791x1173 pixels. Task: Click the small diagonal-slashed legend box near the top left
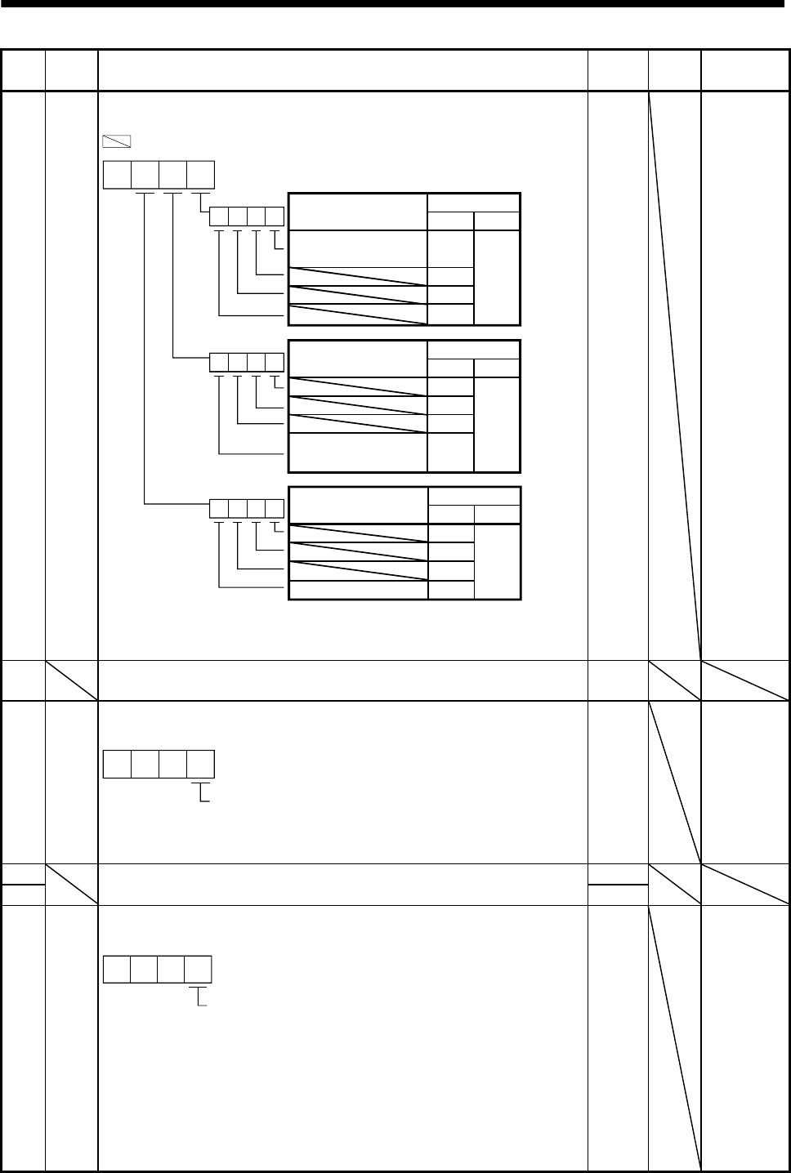pos(117,141)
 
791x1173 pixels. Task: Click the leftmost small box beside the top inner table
pos(219,216)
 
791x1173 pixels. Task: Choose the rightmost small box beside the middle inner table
pos(275,362)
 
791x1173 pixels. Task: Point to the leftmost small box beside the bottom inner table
pos(219,508)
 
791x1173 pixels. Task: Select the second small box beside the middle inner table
pos(238,362)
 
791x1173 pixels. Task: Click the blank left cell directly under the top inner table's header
pos(358,248)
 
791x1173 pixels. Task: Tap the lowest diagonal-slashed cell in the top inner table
pos(358,314)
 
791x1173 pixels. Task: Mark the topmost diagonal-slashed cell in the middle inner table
pos(358,386)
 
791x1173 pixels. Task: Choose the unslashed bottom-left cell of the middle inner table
pos(358,452)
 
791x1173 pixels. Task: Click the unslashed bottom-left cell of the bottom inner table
pos(358,590)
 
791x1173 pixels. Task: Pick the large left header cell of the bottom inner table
pos(358,505)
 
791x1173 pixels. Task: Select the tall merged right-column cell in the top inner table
pos(497,277)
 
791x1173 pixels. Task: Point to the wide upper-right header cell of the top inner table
pos(473,203)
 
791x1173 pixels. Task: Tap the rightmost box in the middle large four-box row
pos(200,764)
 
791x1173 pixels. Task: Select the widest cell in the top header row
pos(342,70)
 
